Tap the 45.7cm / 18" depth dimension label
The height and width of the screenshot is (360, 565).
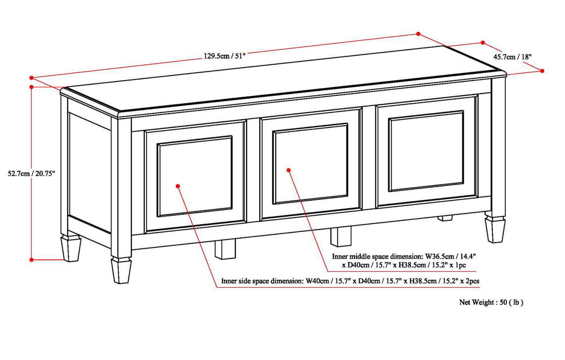click(x=512, y=57)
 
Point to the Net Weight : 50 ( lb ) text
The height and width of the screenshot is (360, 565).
click(x=491, y=302)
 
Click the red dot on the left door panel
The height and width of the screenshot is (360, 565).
click(x=178, y=186)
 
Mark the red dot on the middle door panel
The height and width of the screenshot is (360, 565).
click(x=289, y=170)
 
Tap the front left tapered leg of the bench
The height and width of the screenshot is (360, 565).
click(x=120, y=271)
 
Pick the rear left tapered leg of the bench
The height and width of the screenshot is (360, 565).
click(x=71, y=248)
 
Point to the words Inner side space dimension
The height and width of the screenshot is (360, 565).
click(x=262, y=281)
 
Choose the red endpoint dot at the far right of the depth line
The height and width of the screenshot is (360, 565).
click(x=543, y=71)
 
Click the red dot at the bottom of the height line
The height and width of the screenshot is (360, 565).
click(x=31, y=259)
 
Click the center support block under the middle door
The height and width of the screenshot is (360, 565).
click(x=341, y=236)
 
